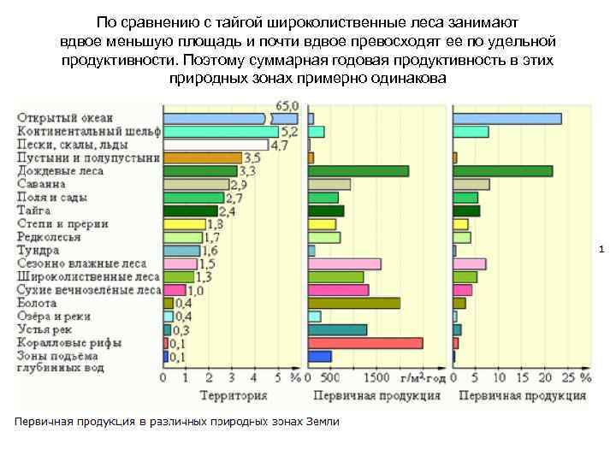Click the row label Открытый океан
click(65, 118)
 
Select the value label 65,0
click(285, 105)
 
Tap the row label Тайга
click(33, 210)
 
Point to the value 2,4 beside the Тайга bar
click(228, 211)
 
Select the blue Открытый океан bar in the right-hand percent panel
click(506, 119)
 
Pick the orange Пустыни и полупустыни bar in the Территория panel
click(203, 157)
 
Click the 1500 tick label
click(373, 377)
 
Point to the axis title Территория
click(233, 396)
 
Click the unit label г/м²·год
click(422, 377)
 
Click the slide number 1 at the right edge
click(602, 250)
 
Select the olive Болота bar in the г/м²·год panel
click(354, 303)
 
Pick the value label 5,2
click(289, 132)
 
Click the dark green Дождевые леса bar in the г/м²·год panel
click(358, 171)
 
